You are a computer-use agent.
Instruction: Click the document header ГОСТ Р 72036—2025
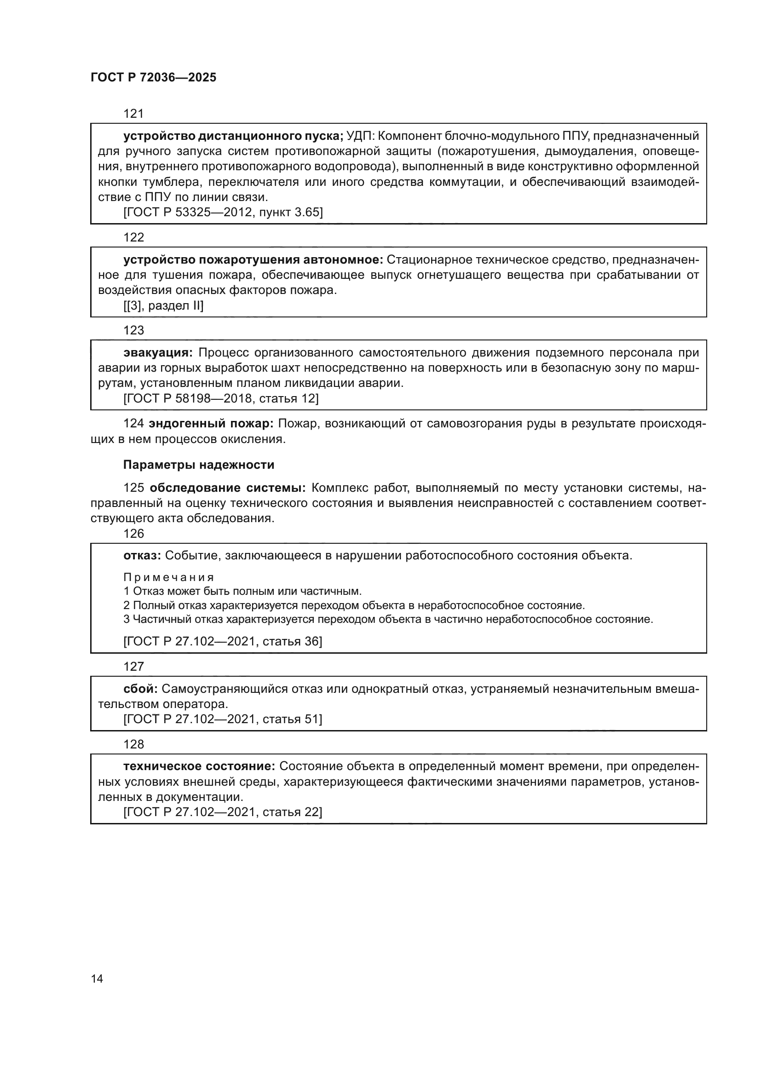pos(153,78)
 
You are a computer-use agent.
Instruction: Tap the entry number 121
pos(133,114)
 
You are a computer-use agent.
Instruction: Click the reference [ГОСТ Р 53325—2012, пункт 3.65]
pos(223,212)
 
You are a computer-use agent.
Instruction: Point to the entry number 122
pos(133,237)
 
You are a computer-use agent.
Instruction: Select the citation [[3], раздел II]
pos(163,305)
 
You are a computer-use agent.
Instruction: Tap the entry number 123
pos(133,330)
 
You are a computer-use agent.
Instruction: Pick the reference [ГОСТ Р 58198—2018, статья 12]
pos(221,398)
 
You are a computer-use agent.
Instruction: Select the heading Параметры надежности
pos(199,465)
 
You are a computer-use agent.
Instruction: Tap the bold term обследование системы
pos(227,488)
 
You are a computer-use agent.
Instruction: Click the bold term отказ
pos(142,555)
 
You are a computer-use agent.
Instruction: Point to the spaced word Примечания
pos(169,577)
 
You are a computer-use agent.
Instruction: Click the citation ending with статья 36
pos(223,641)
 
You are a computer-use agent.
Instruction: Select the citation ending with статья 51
pos(223,719)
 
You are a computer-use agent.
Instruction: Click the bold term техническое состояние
pos(199,766)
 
